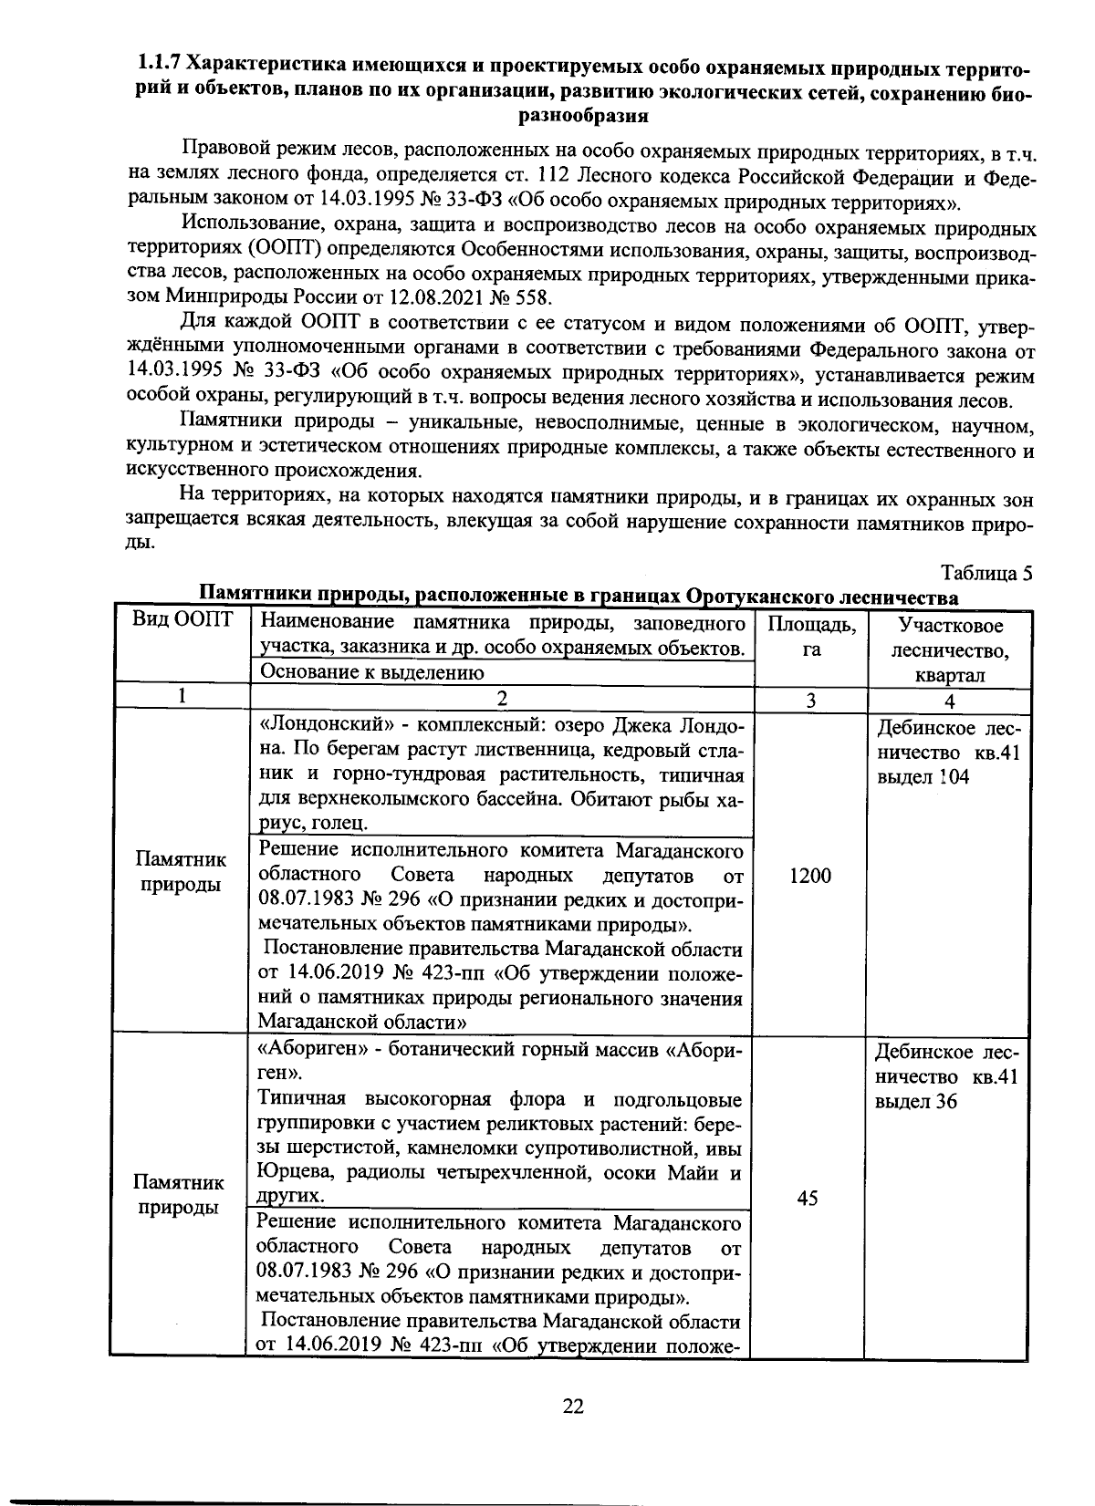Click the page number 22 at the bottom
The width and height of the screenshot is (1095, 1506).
[572, 1406]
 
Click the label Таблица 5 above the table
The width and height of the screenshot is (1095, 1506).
[987, 574]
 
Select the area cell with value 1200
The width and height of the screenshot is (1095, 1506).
[809, 876]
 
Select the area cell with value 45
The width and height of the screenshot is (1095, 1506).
[807, 1199]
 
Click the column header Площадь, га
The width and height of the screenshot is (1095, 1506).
[810, 636]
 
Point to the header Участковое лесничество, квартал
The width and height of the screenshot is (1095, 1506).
[950, 650]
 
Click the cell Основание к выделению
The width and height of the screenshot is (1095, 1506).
[371, 673]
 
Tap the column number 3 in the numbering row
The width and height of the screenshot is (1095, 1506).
[809, 701]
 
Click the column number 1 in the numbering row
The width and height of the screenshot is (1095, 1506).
[182, 698]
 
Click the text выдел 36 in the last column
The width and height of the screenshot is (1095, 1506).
[916, 1101]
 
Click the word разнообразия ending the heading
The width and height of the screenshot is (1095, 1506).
[583, 116]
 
